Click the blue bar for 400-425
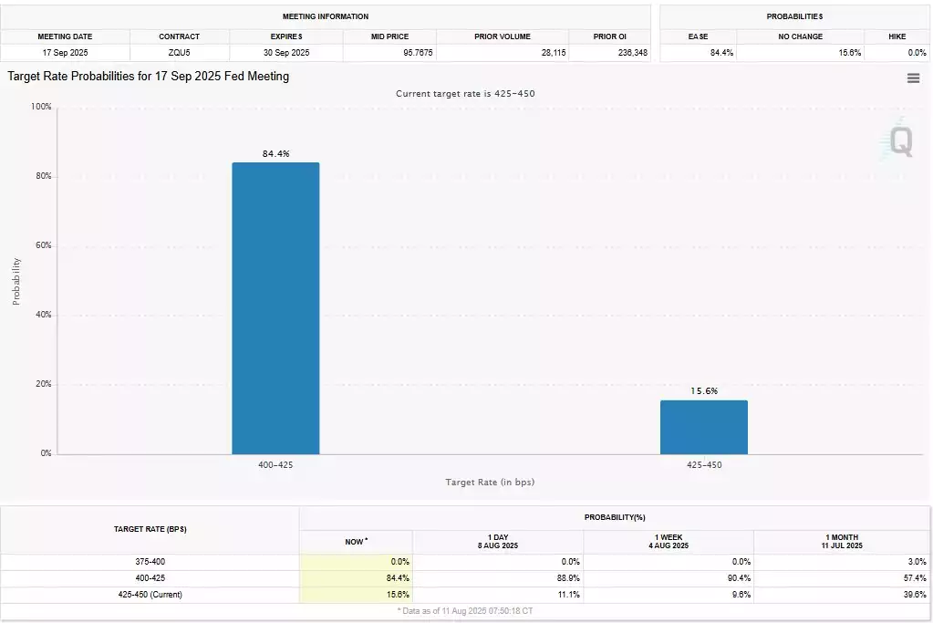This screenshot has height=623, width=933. coord(275,308)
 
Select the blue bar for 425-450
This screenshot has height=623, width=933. coord(703,427)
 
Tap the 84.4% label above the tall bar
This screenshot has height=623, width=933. coord(275,154)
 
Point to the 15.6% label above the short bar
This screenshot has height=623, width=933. coord(703,391)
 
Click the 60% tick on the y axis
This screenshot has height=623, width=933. coord(43,245)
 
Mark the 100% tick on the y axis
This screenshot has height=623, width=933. coord(41,107)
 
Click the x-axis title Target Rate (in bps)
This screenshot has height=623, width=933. coord(490,482)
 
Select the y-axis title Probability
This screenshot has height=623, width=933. coord(16,280)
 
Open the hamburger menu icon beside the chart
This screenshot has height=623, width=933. coord(913,78)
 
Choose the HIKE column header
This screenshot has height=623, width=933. coord(897,36)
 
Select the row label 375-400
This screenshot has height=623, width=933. coord(150,561)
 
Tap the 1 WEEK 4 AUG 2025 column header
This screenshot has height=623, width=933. coord(669,541)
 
